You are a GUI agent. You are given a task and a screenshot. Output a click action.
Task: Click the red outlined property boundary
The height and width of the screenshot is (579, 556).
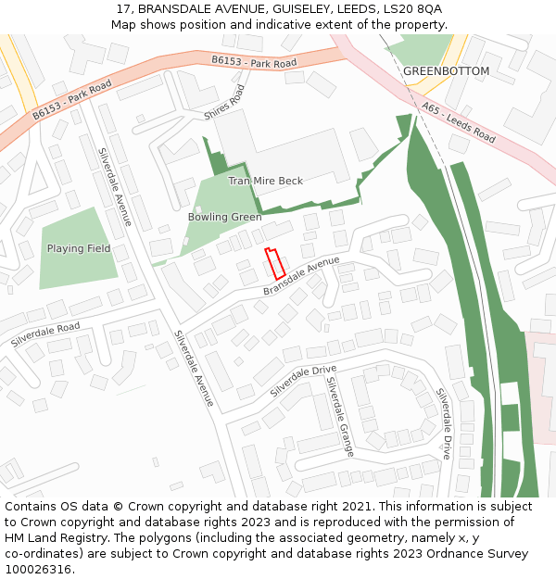pyautogui.click(x=274, y=263)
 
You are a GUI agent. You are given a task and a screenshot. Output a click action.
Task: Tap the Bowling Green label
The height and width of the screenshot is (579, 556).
pyautogui.click(x=224, y=218)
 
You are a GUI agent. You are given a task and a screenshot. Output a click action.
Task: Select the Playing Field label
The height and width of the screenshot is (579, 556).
pyautogui.click(x=79, y=249)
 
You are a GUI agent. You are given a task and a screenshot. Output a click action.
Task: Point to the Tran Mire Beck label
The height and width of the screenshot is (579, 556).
pyautogui.click(x=266, y=182)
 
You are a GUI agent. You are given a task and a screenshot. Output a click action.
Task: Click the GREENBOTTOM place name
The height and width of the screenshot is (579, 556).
pyautogui.click(x=446, y=71)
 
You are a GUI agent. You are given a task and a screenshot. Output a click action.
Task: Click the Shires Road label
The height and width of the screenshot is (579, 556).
pyautogui.click(x=224, y=103)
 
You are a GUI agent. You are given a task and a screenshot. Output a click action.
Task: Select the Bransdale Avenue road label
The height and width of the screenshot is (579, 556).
pyautogui.click(x=301, y=277)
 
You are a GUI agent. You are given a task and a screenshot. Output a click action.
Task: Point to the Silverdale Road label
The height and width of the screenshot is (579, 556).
pyautogui.click(x=45, y=335)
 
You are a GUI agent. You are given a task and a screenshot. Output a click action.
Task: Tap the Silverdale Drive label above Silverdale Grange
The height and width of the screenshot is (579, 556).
pyautogui.click(x=303, y=382)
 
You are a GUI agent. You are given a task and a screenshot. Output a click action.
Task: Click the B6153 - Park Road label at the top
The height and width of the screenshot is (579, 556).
pyautogui.click(x=254, y=62)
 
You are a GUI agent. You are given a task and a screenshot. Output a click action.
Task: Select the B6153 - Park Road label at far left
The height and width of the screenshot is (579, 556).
pyautogui.click(x=71, y=101)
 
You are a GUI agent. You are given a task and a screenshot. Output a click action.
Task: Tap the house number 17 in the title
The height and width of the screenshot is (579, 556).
pyautogui.click(x=123, y=8)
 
